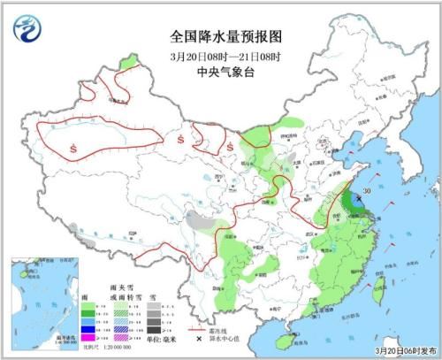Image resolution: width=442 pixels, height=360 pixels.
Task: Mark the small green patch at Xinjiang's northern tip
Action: pos(130,63)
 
